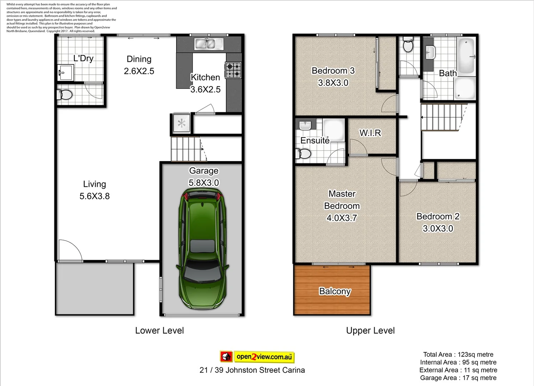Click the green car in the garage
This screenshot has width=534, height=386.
(202, 249)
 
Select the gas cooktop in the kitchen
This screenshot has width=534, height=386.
(233, 70)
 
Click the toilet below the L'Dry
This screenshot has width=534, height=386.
(65, 95)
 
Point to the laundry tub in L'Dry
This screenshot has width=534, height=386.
(65, 73)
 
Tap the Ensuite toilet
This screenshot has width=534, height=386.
(303, 154)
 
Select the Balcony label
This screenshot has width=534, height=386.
(335, 291)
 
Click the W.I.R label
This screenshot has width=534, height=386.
(370, 133)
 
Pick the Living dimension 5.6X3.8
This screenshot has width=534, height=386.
(94, 196)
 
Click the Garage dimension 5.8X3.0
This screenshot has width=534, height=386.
(204, 183)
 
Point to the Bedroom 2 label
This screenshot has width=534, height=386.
(438, 216)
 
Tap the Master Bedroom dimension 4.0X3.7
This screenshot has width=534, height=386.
(342, 218)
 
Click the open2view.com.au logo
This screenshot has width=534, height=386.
(257, 357)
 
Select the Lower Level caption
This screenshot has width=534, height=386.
(159, 331)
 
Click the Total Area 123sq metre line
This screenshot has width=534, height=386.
(458, 355)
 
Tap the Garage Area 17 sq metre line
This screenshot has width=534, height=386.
(458, 378)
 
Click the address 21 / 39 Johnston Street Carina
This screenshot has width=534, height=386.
(252, 370)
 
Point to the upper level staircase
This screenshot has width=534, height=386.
(440, 117)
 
